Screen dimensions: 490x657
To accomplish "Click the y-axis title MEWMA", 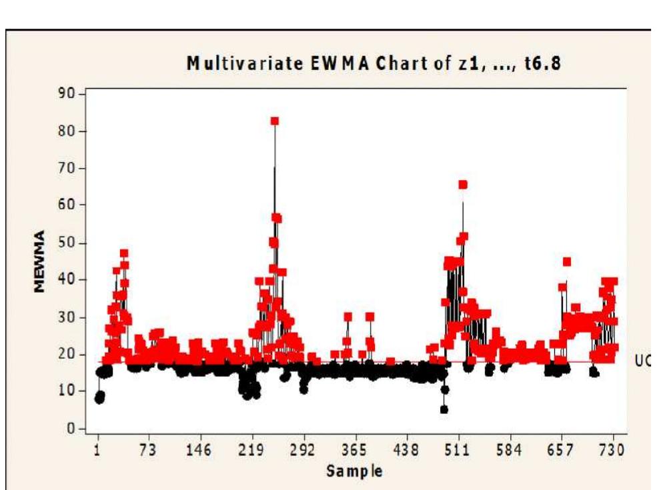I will pyautogui.click(x=41, y=261).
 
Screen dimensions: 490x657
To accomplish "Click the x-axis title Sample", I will pyautogui.click(x=354, y=471).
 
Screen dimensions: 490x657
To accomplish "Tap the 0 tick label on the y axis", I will pyautogui.click(x=73, y=429).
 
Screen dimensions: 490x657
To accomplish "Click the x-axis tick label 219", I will pyautogui.click(x=251, y=450).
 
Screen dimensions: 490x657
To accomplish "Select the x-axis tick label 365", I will pyautogui.click(x=354, y=450).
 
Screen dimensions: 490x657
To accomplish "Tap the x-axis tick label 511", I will pyautogui.click(x=457, y=450).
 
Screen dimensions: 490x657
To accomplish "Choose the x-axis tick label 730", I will pyautogui.click(x=612, y=450).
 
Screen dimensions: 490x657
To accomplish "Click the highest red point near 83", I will pyautogui.click(x=274, y=121).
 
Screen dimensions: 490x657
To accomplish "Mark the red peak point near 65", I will pyautogui.click(x=463, y=185).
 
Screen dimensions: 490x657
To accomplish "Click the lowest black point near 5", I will pyautogui.click(x=444, y=409).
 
